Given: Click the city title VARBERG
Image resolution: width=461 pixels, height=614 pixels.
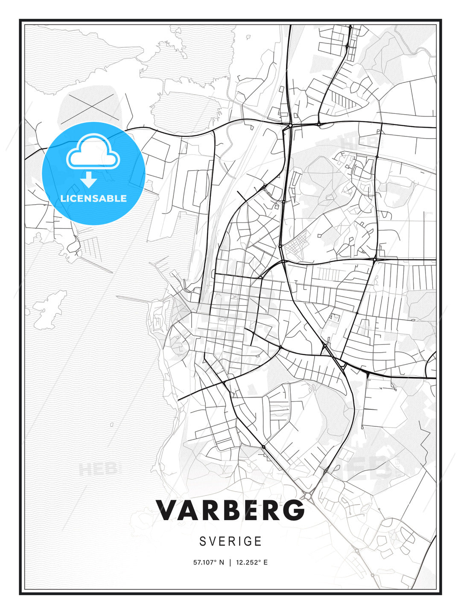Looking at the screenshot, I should [x=230, y=510].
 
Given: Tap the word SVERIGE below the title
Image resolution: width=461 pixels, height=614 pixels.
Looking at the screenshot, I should [x=230, y=541].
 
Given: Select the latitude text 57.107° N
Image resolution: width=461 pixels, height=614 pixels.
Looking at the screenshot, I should [x=208, y=562].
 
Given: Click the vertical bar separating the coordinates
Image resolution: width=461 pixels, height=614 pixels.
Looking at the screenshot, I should [x=230, y=562].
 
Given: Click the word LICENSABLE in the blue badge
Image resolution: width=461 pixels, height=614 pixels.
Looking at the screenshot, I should [x=93, y=198].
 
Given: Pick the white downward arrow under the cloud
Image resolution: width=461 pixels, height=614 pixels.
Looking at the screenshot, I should [x=89, y=180].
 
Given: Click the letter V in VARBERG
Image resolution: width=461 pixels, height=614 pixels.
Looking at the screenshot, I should [x=168, y=510].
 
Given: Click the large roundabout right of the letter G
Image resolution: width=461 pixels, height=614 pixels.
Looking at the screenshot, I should [x=308, y=496].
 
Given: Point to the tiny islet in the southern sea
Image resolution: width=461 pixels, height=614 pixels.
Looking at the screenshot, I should [x=111, y=425].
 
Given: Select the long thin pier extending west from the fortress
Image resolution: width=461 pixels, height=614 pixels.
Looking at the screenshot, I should [x=132, y=298].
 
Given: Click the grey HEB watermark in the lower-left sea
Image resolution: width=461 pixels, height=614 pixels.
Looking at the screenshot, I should [x=97, y=469].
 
